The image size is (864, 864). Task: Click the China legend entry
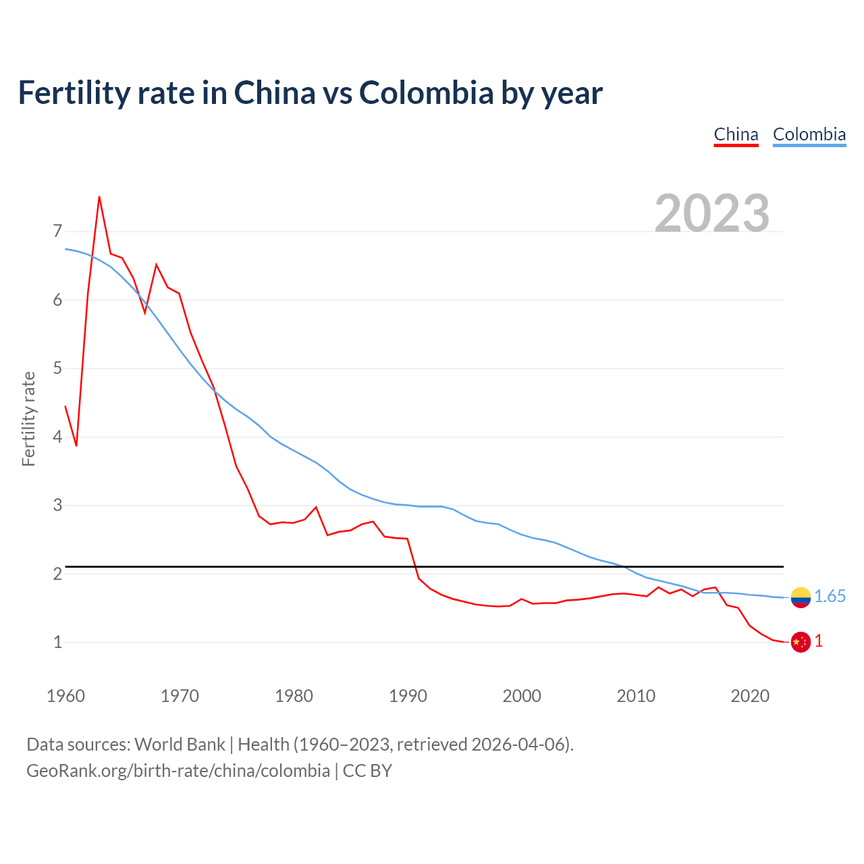736,134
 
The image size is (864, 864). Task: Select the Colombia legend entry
809,134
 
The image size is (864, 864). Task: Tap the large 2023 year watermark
712,213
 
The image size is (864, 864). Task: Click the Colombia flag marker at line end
801,597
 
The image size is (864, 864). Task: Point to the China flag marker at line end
801,642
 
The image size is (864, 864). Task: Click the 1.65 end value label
830,597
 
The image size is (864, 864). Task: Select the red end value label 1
819,641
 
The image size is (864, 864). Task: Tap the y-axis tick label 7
57,232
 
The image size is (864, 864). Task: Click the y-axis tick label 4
57,437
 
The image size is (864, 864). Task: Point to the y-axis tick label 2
57,574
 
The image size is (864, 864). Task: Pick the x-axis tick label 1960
65,696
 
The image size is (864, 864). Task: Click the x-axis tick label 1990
408,696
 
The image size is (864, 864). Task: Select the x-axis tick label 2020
750,696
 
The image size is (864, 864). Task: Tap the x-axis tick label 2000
522,696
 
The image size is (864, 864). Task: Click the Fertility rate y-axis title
28,418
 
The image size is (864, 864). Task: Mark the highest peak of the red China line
99,197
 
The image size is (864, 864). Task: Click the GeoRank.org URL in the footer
178,771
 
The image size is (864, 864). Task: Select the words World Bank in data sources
180,745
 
